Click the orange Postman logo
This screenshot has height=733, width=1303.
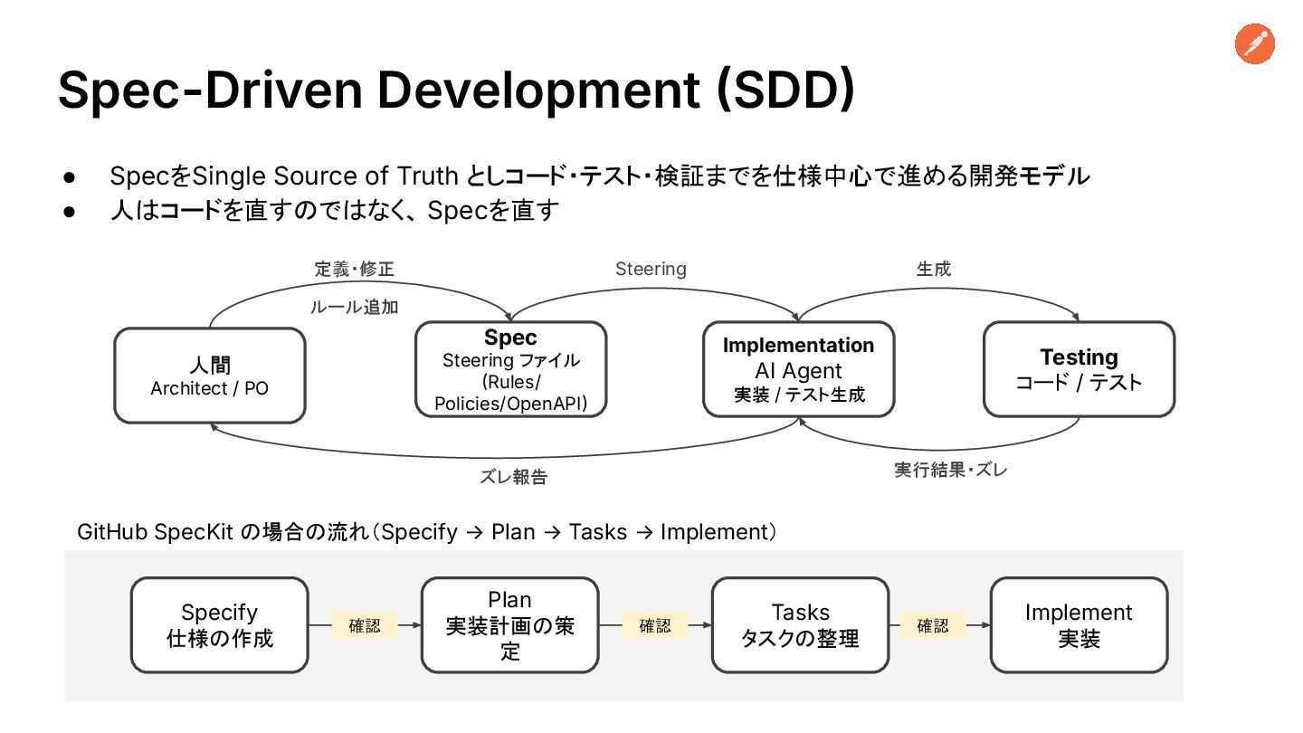point(1254,44)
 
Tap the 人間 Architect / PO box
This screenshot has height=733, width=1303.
point(210,376)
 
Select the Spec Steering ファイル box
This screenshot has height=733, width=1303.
point(510,370)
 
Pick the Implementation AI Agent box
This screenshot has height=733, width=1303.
point(798,369)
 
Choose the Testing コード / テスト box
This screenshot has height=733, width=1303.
point(1079,369)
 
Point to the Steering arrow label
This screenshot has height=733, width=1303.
point(651,269)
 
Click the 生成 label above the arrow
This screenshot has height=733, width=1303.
point(934,269)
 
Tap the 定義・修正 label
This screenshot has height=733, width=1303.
point(355,269)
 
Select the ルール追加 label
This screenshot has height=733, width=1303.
point(354,307)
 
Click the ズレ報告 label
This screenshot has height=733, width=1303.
point(513,477)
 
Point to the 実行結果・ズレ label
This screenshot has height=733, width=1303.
point(950,470)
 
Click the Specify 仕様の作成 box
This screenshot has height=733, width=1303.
point(220,625)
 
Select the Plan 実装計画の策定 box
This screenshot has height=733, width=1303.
point(510,625)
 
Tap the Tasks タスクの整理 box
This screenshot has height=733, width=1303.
point(800,625)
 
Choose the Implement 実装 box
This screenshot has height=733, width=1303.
point(1079,625)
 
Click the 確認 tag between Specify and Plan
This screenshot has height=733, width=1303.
point(365,625)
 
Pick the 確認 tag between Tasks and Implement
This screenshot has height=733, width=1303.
point(933,625)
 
